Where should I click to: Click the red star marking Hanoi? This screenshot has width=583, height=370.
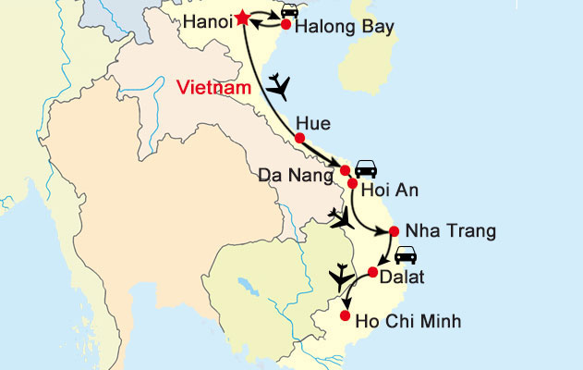(242, 18)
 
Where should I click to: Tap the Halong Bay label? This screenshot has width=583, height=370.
(340, 28)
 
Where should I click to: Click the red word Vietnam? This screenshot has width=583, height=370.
(214, 87)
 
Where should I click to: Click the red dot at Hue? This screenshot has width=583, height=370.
(299, 139)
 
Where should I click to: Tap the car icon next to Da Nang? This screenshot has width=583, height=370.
(366, 167)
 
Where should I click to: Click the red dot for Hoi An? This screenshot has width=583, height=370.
(352, 182)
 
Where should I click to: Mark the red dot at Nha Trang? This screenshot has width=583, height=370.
(395, 231)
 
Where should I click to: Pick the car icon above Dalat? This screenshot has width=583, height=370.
(406, 255)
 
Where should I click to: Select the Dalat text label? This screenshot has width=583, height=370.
(404, 276)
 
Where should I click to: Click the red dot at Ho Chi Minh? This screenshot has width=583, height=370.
(346, 317)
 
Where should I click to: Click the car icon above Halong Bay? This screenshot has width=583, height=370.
(289, 10)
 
